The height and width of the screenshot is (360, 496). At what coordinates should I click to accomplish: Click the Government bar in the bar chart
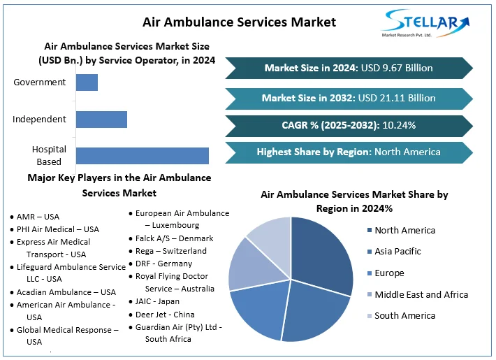click(87, 82)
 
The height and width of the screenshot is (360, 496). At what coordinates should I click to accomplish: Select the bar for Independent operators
click(101, 119)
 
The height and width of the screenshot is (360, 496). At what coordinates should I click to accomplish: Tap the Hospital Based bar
click(143, 155)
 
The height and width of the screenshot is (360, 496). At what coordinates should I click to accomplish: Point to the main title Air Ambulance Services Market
click(239, 22)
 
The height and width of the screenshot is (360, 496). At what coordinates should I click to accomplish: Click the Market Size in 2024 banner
click(349, 68)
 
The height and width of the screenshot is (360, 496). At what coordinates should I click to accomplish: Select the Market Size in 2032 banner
click(349, 98)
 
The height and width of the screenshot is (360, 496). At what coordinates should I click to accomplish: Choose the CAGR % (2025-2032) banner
click(349, 126)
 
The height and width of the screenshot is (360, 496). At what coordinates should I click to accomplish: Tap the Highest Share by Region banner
click(349, 152)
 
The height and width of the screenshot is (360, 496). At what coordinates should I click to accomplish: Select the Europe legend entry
click(389, 273)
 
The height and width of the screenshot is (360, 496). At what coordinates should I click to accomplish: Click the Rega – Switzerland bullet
click(171, 250)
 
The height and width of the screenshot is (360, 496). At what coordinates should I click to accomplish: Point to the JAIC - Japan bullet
click(158, 301)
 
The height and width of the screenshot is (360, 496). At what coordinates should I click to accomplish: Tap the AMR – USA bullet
click(38, 217)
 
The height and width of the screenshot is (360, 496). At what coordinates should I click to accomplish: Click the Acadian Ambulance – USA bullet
click(66, 292)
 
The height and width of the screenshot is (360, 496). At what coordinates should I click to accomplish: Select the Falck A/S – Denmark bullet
click(174, 238)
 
